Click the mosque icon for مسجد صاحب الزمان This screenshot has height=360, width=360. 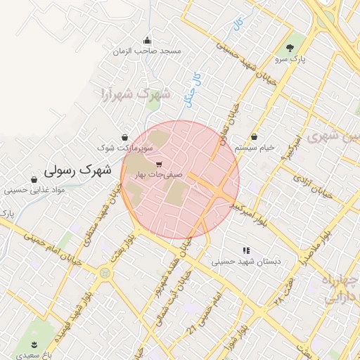tap(146, 40)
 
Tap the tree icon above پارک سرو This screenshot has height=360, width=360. tap(290, 49)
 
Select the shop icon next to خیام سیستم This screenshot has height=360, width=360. tap(254, 136)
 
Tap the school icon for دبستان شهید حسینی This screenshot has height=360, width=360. tap(246, 250)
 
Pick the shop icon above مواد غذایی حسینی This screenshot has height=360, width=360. tap(34, 179)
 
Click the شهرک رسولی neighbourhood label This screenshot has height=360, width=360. tap(77, 169)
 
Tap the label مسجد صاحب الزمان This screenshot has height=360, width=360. tap(151, 51)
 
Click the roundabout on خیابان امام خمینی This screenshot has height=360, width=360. tap(105, 272)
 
